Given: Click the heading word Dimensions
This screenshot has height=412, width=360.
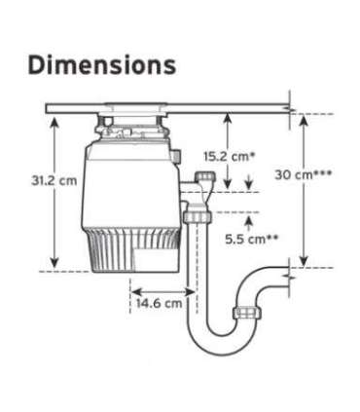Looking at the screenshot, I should (101, 65).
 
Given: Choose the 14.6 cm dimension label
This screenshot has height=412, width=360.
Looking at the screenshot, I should (159, 303).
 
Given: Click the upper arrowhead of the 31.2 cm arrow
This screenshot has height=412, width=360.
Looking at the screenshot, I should (54, 119).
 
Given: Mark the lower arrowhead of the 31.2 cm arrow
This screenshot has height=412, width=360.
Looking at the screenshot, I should (54, 263).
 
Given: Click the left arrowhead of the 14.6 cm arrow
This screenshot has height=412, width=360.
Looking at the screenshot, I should (135, 289).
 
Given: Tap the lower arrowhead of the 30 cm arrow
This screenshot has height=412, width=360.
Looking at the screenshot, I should (305, 261).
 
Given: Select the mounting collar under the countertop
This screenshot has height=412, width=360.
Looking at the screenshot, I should (126, 125).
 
